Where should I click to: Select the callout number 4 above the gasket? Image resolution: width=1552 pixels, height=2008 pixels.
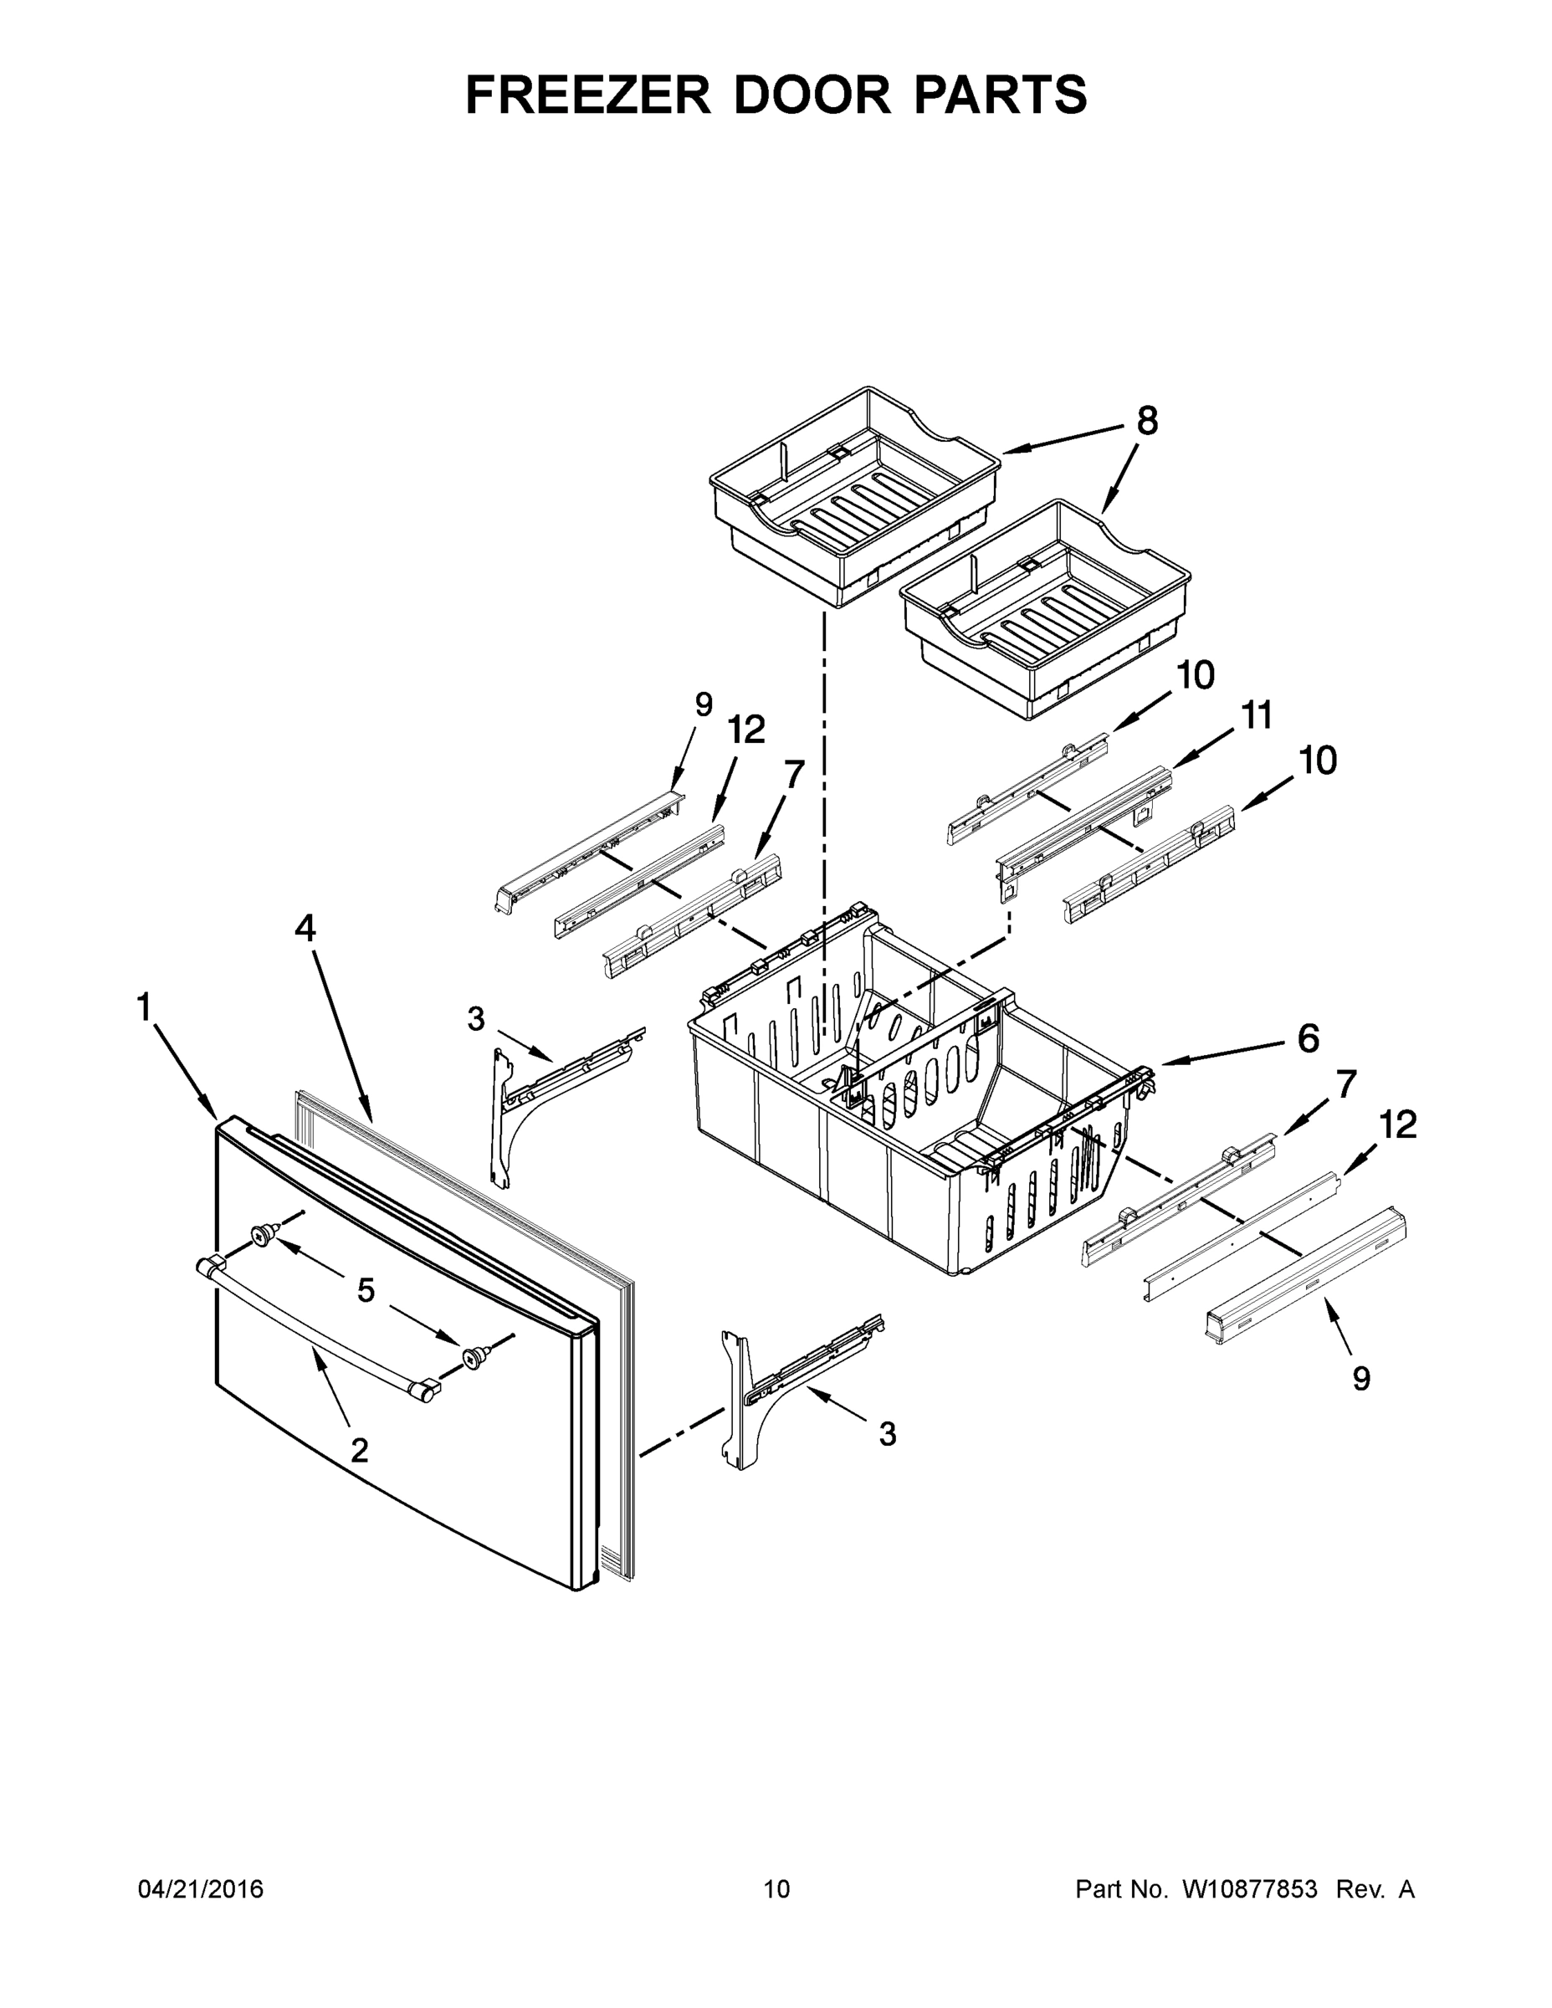(x=305, y=929)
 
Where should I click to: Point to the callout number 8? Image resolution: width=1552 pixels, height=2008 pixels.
(x=1146, y=421)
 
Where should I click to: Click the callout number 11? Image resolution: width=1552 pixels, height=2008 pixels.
(x=1257, y=715)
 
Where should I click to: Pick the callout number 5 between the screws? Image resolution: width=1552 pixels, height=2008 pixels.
(x=366, y=1291)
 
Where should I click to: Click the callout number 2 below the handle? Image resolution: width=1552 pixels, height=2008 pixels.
(x=360, y=1450)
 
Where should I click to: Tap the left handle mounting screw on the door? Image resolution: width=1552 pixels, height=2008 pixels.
(x=264, y=1235)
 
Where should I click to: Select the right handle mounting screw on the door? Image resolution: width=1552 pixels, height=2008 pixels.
(x=474, y=1357)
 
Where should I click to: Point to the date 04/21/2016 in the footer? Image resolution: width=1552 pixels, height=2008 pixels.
(x=201, y=1889)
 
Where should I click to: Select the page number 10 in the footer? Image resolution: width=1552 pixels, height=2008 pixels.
(x=776, y=1889)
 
